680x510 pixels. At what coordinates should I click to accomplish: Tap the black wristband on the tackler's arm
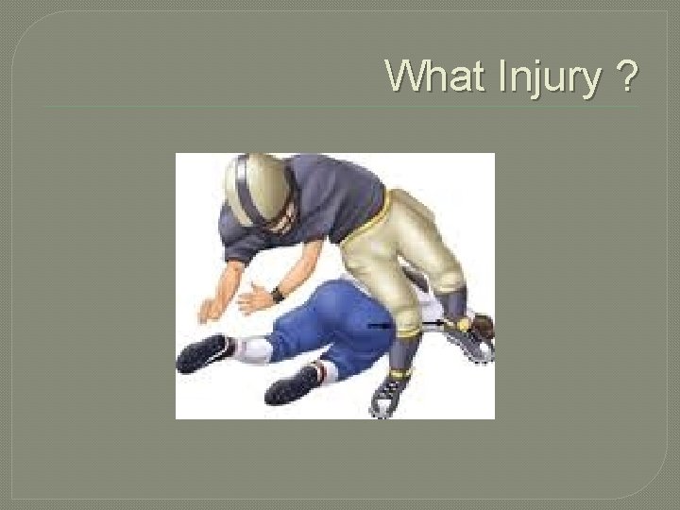(278, 294)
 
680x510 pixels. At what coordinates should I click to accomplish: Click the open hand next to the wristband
(253, 299)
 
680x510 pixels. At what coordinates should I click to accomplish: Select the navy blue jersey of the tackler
(312, 203)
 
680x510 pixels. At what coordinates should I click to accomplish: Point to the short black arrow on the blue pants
(380, 324)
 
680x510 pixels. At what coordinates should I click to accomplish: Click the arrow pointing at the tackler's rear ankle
(433, 324)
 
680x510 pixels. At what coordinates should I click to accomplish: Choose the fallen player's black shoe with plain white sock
(200, 353)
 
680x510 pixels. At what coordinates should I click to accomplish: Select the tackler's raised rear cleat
(472, 337)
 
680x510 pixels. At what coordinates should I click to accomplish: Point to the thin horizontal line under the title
(340, 106)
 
